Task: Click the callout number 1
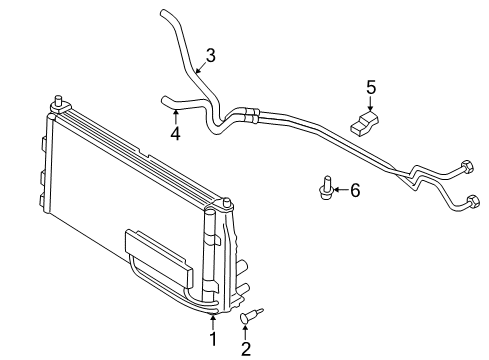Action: (x=212, y=339)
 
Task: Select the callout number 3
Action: (x=210, y=54)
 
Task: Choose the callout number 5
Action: (x=370, y=87)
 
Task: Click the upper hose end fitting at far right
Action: (x=466, y=167)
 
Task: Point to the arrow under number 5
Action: (x=370, y=106)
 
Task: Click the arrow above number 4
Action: (x=175, y=112)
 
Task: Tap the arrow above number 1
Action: (x=212, y=320)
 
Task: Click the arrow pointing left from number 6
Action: (x=339, y=188)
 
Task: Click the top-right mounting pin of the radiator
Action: (x=229, y=207)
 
